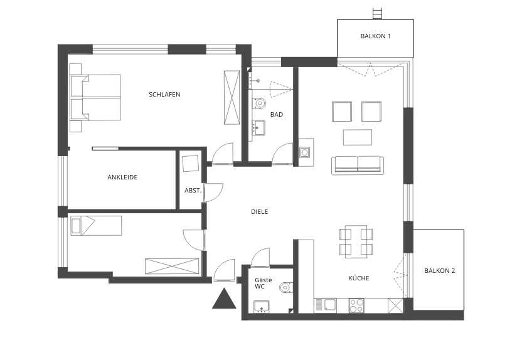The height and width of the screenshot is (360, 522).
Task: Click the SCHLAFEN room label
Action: click(x=164, y=95)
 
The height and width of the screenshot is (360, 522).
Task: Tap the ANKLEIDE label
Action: click(x=122, y=177)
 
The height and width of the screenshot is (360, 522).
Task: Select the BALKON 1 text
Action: click(x=375, y=36)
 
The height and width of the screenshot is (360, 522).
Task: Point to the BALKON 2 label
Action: click(x=439, y=271)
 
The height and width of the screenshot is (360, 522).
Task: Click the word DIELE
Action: click(x=259, y=211)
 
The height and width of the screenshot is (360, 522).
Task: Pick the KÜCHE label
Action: click(x=358, y=278)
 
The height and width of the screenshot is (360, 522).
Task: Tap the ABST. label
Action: click(x=193, y=191)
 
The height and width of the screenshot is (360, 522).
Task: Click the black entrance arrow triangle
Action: click(x=224, y=299)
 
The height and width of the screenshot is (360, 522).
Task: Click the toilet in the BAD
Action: click(x=259, y=103)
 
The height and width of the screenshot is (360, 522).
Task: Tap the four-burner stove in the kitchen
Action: click(x=356, y=306)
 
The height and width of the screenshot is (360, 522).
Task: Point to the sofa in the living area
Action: click(x=358, y=166)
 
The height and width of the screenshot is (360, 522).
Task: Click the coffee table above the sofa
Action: click(x=358, y=137)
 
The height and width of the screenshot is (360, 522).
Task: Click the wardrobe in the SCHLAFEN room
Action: click(x=232, y=97)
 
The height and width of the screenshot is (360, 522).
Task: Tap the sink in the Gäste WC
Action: click(x=262, y=307)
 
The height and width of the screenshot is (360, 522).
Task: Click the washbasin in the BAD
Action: click(x=258, y=128)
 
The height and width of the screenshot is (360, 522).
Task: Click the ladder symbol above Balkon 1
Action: click(x=377, y=13)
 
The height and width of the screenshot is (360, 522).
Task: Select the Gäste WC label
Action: click(x=264, y=283)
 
